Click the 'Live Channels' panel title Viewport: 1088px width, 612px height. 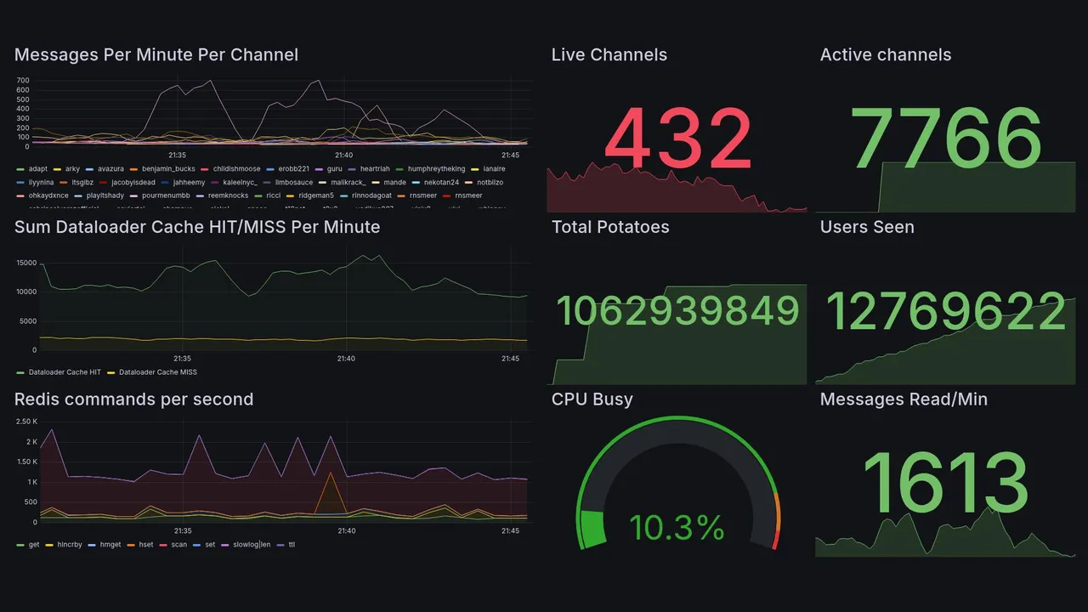[x=609, y=55]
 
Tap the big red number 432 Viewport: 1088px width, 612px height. [x=678, y=139]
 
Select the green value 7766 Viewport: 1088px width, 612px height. [x=947, y=139]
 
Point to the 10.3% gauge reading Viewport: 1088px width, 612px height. [x=677, y=528]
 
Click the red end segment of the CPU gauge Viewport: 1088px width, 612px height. [x=774, y=540]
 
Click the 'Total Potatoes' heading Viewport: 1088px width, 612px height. [x=609, y=227]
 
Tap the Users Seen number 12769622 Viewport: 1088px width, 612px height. [x=946, y=311]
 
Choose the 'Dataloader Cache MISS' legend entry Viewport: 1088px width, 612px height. [x=157, y=372]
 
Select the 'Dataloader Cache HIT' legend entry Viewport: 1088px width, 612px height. [x=65, y=372]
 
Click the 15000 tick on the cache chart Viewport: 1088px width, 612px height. [x=25, y=263]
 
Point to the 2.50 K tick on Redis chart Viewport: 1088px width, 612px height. [x=26, y=422]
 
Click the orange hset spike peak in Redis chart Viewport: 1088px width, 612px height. [x=330, y=473]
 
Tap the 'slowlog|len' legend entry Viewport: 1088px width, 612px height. [x=251, y=545]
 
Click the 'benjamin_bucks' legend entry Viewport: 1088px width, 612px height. [x=168, y=169]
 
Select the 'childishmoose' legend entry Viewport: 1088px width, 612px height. [x=236, y=169]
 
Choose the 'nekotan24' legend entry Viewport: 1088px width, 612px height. [x=440, y=182]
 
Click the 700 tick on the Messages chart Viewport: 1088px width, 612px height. [x=23, y=81]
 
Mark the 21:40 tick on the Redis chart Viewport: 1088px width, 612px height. [x=346, y=531]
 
